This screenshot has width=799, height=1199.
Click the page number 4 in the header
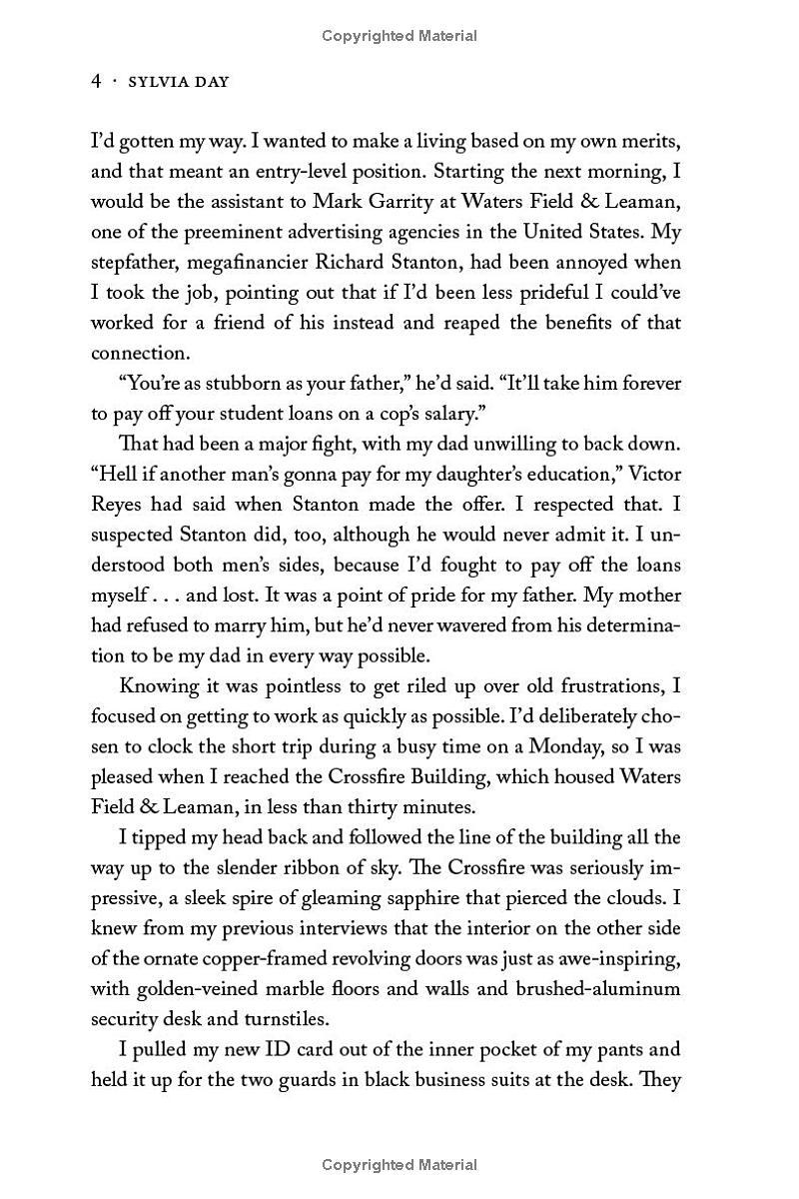click(x=96, y=82)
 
